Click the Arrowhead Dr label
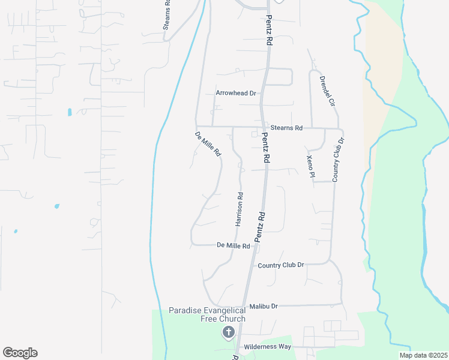(236, 93)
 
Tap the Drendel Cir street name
(327, 91)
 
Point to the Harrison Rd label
(239, 209)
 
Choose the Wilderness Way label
(267, 347)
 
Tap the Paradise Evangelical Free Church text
(207, 314)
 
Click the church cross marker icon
(228, 332)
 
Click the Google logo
(20, 353)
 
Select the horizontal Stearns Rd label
(286, 128)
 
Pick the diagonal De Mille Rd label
(208, 145)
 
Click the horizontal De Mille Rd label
(233, 245)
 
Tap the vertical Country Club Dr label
(337, 160)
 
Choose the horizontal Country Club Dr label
(281, 265)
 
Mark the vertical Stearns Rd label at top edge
(167, 16)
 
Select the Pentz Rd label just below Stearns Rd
(265, 148)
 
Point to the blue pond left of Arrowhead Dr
(70, 112)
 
